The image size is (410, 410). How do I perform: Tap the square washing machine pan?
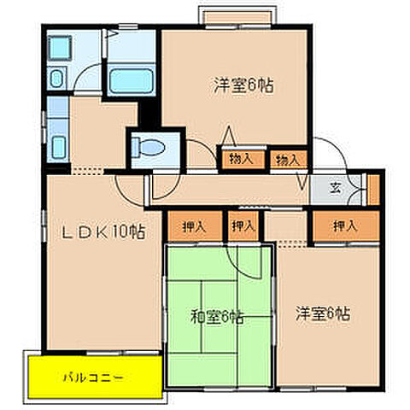click(61, 47)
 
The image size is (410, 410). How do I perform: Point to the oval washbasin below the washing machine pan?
click(56, 79)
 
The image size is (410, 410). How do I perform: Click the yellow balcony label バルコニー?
click(93, 375)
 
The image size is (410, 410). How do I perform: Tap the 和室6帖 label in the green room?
click(219, 318)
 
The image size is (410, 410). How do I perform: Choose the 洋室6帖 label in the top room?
click(237, 85)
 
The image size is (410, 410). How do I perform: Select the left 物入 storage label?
click(241, 158)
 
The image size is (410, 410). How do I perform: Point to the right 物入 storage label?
click(287, 158)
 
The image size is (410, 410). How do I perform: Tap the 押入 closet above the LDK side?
click(195, 226)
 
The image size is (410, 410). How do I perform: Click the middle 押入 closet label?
click(243, 226)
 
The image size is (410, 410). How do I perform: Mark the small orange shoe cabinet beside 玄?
click(372, 190)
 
